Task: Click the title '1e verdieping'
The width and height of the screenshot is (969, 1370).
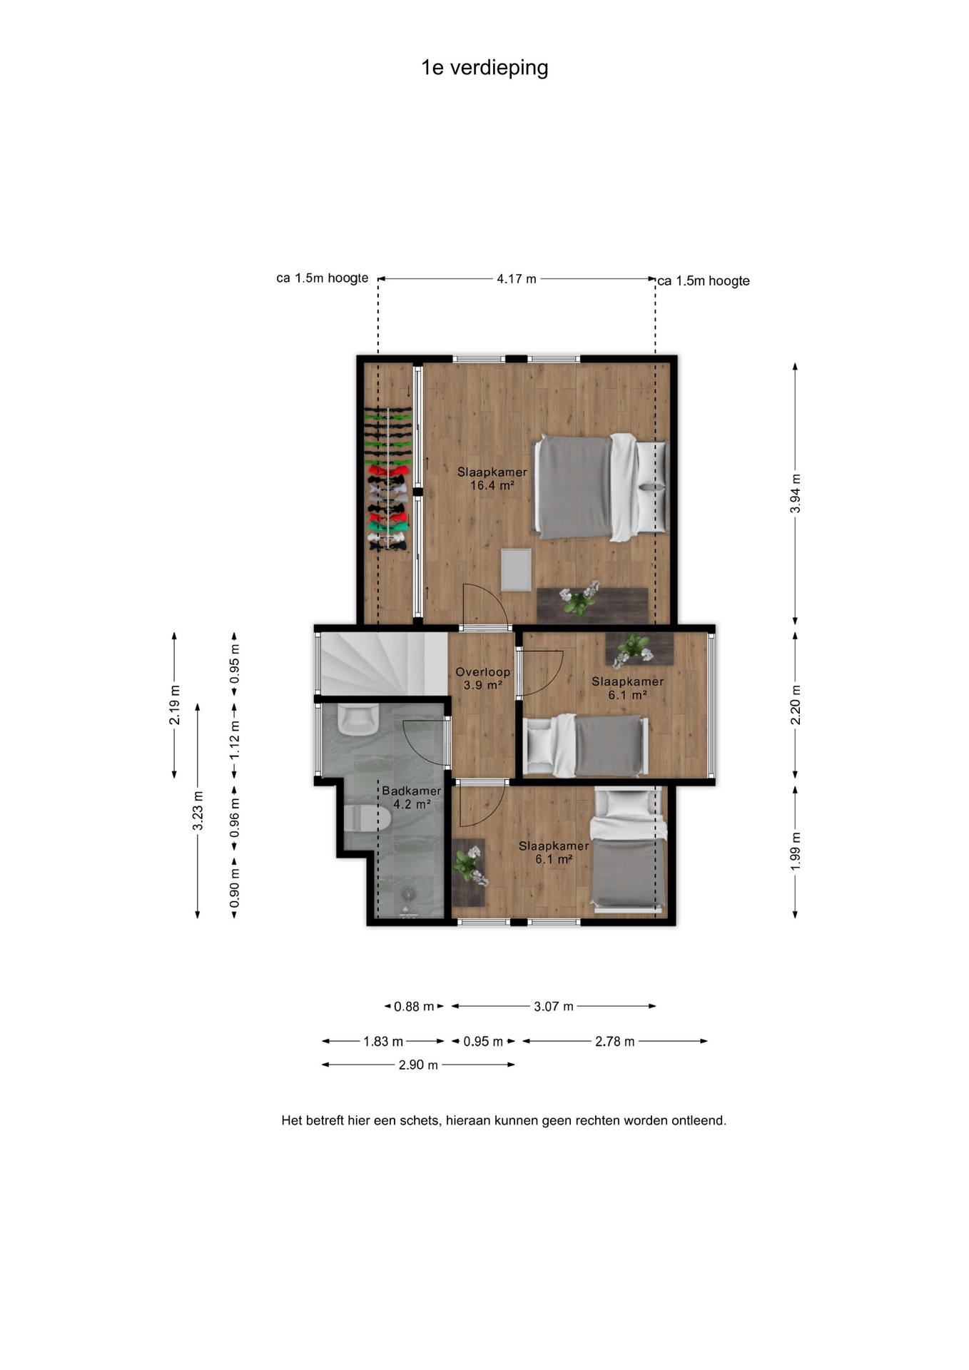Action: (x=484, y=68)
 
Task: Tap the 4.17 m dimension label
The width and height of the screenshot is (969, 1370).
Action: (x=517, y=279)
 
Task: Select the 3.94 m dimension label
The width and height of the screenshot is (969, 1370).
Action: (x=796, y=493)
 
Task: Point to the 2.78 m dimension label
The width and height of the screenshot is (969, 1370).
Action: (x=615, y=1042)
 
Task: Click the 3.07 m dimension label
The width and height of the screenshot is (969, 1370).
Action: (x=554, y=1007)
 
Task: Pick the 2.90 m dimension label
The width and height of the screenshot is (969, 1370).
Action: (x=418, y=1065)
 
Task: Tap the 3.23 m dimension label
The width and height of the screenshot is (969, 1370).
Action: (x=198, y=811)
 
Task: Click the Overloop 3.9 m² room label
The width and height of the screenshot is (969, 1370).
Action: (x=483, y=679)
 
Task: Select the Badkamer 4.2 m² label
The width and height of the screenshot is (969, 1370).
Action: (x=412, y=798)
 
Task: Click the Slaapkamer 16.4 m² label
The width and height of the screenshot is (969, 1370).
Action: (x=492, y=479)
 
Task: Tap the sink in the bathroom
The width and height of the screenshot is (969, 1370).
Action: (x=357, y=720)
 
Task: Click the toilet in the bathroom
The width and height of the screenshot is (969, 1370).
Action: (x=367, y=818)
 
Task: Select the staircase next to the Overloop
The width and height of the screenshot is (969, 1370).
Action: (x=384, y=664)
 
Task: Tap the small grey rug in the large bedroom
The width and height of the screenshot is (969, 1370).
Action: (x=516, y=569)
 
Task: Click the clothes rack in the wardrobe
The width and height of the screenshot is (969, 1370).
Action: (x=388, y=479)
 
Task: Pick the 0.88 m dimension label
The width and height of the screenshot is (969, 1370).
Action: (x=414, y=1007)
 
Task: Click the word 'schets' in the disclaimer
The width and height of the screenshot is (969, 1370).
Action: (x=420, y=1121)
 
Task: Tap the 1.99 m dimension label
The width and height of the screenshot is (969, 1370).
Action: (x=796, y=851)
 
